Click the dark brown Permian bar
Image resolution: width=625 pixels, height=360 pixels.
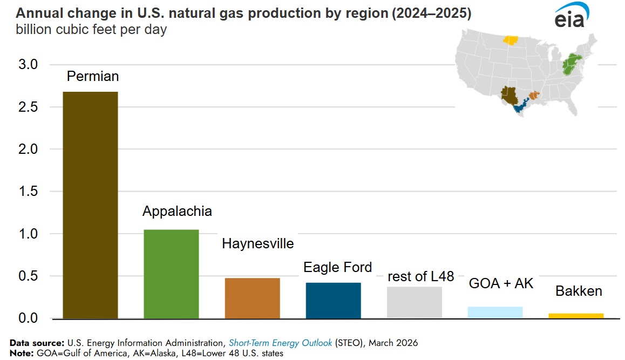[90, 205]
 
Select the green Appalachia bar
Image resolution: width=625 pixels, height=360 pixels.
[171, 274]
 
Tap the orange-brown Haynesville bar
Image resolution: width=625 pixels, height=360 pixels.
[252, 298]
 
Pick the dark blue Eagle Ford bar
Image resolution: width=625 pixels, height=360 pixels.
[333, 300]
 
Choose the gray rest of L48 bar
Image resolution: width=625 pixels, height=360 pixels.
[414, 302]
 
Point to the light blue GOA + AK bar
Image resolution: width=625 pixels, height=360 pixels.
[495, 313]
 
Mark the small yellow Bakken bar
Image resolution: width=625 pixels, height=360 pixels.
[576, 316]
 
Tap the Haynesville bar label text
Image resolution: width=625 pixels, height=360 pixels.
[258, 244]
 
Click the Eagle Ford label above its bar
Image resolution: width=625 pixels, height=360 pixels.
[338, 267]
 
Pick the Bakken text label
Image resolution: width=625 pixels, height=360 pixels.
[579, 291]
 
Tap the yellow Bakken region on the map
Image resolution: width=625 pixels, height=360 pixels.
[510, 40]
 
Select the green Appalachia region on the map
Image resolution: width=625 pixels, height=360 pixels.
[571, 65]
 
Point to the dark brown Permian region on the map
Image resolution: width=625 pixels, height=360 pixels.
[509, 94]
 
